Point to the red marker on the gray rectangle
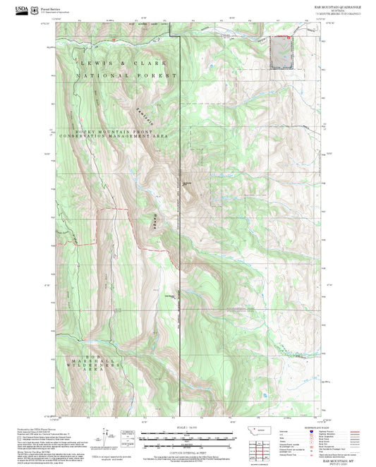pos(288,37)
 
